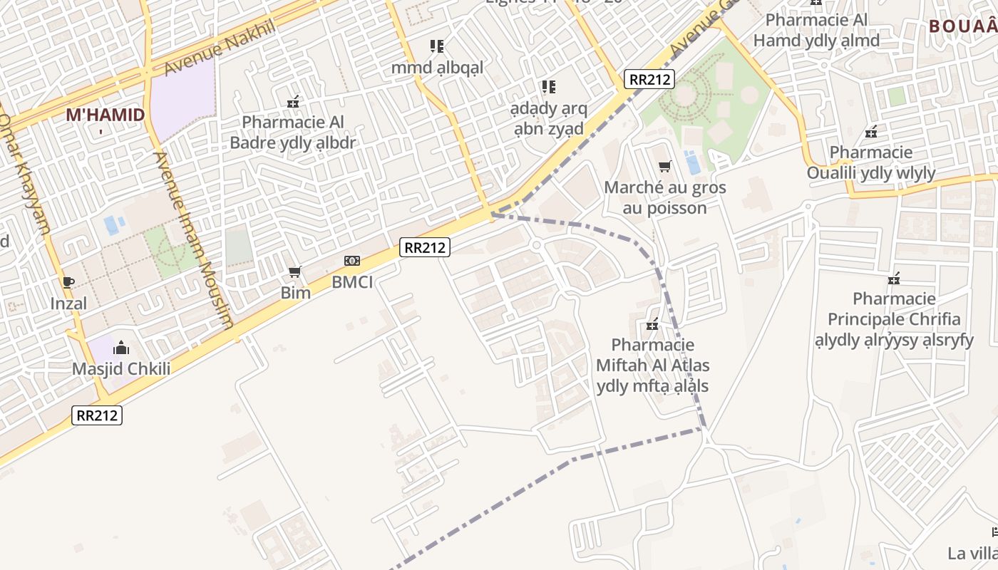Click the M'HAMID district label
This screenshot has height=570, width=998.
105,115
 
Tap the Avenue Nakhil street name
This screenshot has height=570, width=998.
220,48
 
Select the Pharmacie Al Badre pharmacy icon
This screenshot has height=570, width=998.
292,103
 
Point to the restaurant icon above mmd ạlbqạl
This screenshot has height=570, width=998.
437,47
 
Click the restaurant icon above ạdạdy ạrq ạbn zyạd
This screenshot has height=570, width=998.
548,88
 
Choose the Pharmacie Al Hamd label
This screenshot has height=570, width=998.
816,30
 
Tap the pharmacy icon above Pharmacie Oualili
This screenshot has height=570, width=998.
870,132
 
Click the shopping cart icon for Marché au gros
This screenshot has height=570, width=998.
664,167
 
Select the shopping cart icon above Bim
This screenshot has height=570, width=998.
295,272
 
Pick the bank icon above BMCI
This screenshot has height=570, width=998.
352,261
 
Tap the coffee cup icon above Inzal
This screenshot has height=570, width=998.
68,282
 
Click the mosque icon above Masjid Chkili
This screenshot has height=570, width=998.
121,348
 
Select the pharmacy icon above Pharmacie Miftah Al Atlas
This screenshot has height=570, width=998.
652,325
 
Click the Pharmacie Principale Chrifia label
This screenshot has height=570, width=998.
894,318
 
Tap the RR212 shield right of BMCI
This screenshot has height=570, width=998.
425,247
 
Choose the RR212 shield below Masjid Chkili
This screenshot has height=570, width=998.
98,415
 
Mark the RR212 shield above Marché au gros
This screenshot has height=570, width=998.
649,79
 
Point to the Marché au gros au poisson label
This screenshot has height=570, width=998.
664,197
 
